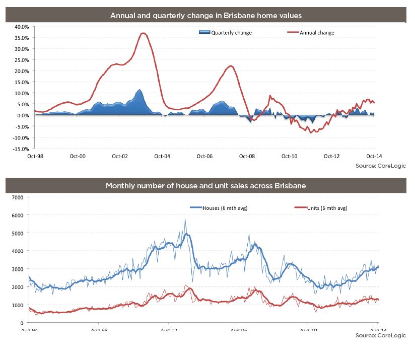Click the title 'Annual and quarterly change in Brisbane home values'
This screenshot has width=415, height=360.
[206, 15]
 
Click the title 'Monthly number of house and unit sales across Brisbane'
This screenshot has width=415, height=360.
[206, 186]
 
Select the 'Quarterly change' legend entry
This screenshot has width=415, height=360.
[231, 33]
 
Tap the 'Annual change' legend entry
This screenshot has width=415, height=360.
[316, 33]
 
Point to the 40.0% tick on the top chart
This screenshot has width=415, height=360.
[21, 27]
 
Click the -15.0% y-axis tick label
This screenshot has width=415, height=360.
[20, 149]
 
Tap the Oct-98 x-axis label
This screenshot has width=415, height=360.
[35, 156]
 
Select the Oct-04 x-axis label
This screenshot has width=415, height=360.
[162, 156]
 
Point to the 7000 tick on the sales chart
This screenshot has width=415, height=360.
[17, 197]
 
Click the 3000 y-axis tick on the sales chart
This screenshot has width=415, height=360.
[17, 269]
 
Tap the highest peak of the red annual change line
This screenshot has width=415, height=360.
[144, 33]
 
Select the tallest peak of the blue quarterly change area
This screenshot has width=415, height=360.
[139, 90]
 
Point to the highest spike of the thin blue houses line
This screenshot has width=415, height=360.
[185, 219]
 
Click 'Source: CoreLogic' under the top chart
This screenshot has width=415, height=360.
[385, 165]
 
